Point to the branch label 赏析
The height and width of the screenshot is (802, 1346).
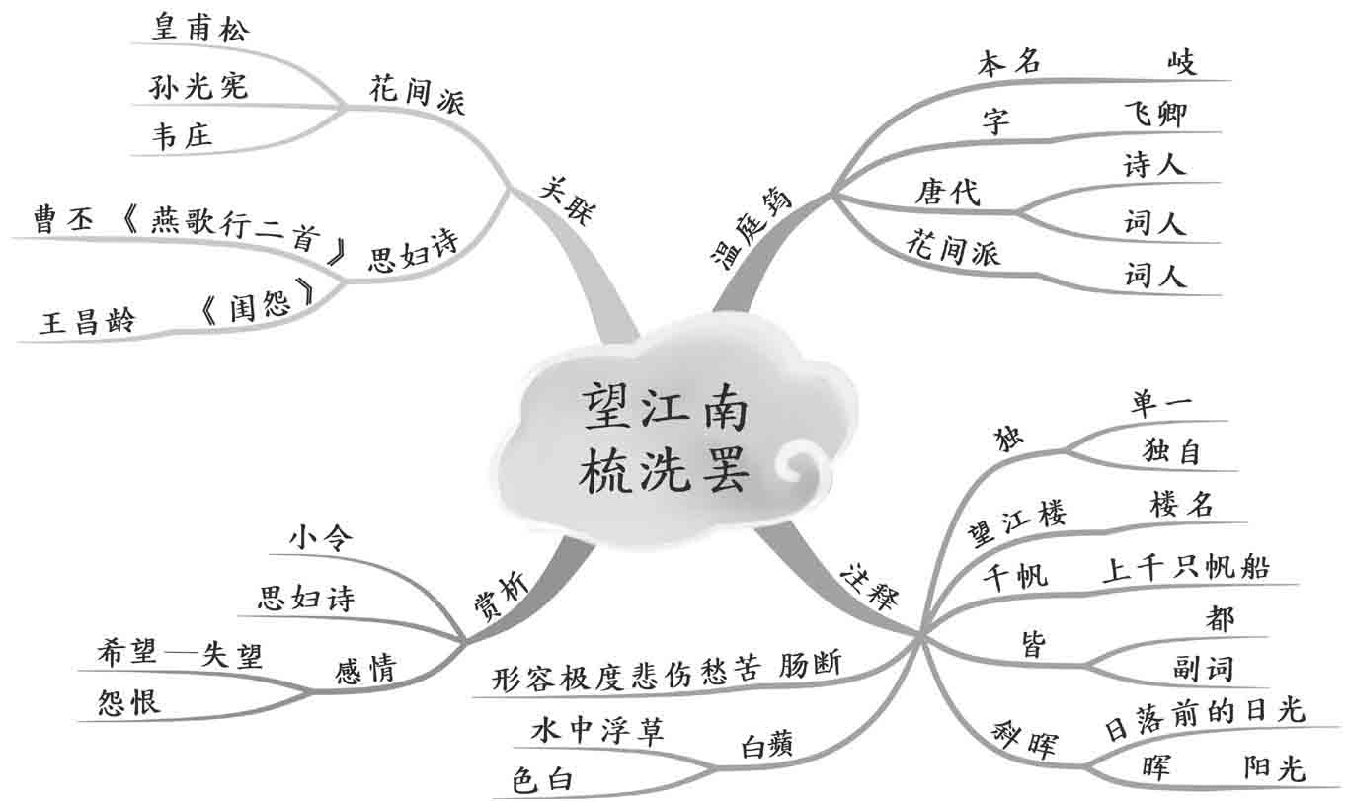point(501,599)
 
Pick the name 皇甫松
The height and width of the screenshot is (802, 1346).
point(200,28)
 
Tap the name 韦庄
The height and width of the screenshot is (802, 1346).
point(182,136)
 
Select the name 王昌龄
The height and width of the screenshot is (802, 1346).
point(86,322)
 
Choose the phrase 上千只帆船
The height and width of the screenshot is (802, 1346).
point(1186,567)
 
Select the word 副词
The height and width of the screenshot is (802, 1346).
point(1204,669)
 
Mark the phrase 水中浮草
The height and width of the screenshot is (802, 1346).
point(597,730)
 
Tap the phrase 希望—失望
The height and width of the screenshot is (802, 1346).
point(180,653)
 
